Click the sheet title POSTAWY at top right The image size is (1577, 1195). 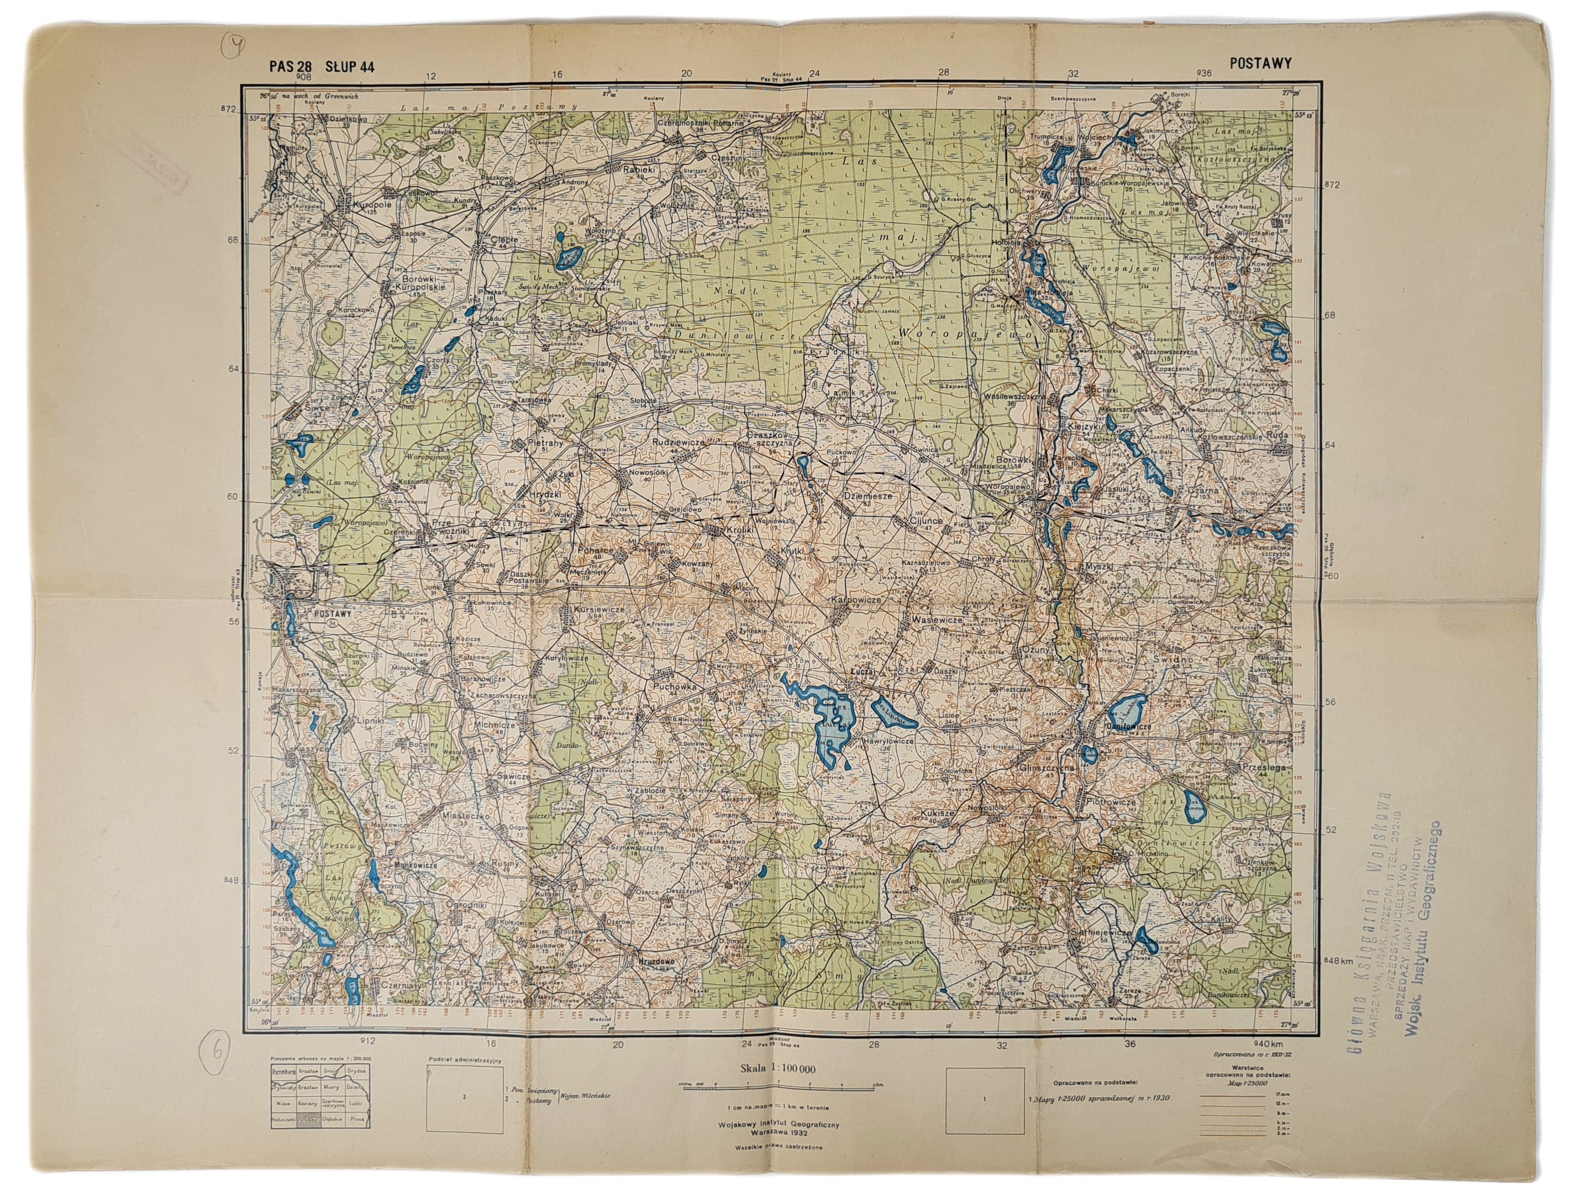(1260, 63)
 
